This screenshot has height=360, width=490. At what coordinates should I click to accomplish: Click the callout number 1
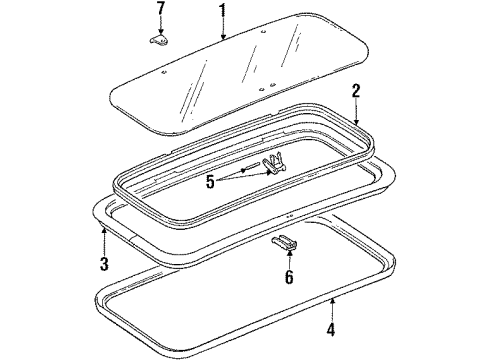pyautogui.click(x=222, y=14)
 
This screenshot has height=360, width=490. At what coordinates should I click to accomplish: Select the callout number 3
pyautogui.click(x=102, y=264)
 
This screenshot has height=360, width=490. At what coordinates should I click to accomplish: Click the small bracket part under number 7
pyautogui.click(x=159, y=40)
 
